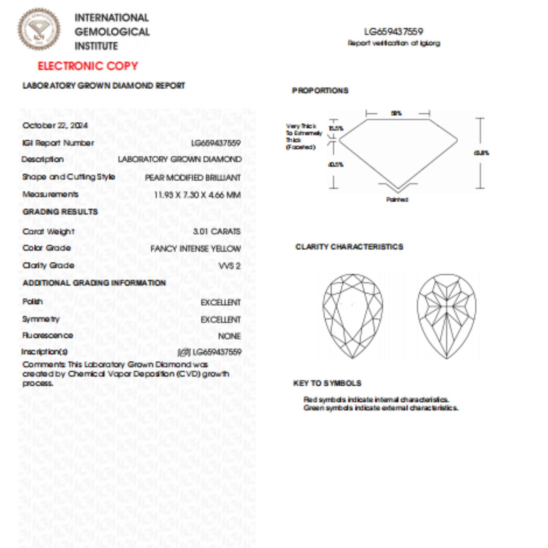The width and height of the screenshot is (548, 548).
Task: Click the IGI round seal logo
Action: (x=39, y=30)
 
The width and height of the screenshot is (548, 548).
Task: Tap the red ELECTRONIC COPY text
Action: (x=88, y=66)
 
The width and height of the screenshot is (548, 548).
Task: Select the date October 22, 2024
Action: (x=55, y=126)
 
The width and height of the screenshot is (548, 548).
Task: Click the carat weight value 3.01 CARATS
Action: (x=217, y=231)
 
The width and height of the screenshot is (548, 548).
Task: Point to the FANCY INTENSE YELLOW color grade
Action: (x=195, y=249)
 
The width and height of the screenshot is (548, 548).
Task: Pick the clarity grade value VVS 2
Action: (x=229, y=266)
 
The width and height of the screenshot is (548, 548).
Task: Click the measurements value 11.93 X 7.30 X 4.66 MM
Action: (x=197, y=195)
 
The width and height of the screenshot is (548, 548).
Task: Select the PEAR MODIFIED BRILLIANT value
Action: (x=193, y=177)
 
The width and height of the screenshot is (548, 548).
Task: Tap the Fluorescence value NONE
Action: (x=229, y=336)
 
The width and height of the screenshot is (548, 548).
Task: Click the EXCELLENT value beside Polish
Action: (x=221, y=303)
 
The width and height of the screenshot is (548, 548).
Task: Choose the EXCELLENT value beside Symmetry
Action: (x=221, y=320)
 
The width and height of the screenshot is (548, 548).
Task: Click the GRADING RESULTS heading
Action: (x=60, y=212)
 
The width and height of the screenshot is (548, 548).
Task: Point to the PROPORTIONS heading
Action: (x=320, y=91)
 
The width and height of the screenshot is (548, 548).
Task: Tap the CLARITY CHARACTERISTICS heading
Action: (x=349, y=247)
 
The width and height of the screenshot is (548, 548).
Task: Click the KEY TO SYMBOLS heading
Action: (x=327, y=383)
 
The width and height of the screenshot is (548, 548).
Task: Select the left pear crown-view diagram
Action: (x=353, y=316)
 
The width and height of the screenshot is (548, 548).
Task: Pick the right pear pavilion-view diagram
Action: (x=447, y=316)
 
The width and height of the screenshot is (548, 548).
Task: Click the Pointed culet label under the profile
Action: (x=397, y=199)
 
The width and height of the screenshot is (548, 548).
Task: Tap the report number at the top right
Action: (x=394, y=32)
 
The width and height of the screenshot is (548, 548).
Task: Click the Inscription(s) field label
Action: (x=44, y=352)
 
